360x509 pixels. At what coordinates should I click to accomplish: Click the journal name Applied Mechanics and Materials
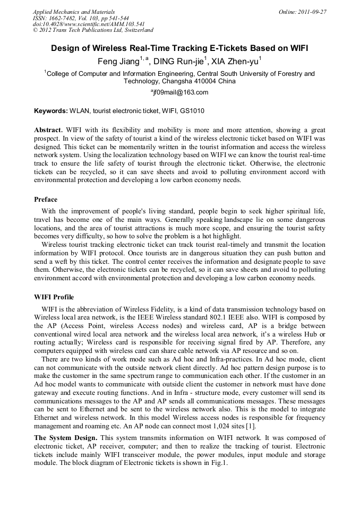click(74, 12)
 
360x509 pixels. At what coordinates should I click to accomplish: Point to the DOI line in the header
click(89, 24)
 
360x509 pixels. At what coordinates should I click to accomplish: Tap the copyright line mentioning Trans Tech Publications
click(93, 30)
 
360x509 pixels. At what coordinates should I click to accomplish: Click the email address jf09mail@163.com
click(181, 92)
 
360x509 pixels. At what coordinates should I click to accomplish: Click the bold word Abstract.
click(48, 130)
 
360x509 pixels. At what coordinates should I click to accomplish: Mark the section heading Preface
click(46, 200)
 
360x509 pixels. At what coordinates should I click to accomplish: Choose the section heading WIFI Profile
click(54, 297)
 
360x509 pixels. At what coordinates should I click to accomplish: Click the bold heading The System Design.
click(65, 437)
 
